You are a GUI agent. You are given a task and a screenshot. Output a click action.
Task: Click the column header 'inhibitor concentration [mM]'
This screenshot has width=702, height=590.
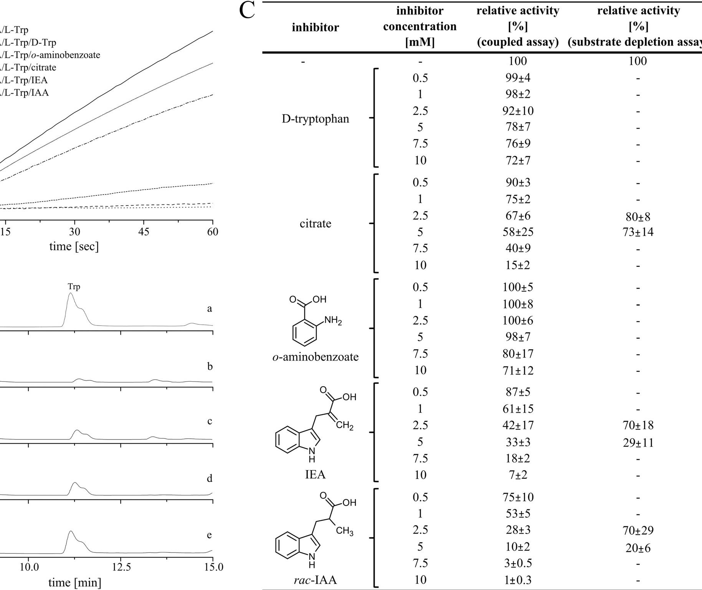(x=420, y=26)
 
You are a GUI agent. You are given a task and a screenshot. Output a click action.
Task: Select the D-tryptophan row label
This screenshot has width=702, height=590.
(x=315, y=119)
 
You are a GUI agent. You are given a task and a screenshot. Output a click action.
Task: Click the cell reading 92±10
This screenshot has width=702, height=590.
(x=518, y=111)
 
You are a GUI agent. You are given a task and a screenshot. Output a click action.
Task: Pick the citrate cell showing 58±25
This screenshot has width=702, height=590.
(x=518, y=232)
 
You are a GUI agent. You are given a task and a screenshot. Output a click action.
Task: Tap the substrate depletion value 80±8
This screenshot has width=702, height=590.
(x=638, y=217)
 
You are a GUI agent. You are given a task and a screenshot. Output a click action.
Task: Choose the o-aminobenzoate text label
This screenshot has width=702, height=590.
(x=315, y=357)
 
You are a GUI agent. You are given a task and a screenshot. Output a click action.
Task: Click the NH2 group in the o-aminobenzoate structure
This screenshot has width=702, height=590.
(x=332, y=320)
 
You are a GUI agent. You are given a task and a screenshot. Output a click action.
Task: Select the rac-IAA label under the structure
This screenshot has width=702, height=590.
(x=315, y=580)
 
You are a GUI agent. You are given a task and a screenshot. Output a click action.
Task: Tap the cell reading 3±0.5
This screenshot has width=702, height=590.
(x=518, y=564)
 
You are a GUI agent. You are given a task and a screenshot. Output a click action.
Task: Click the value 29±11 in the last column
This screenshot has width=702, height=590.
(x=638, y=443)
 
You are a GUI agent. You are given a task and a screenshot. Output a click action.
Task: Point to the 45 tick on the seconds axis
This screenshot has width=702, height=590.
(x=144, y=232)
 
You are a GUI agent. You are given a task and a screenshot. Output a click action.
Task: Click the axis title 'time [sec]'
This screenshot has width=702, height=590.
(x=74, y=246)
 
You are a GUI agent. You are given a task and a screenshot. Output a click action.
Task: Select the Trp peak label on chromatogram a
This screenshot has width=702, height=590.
(x=74, y=286)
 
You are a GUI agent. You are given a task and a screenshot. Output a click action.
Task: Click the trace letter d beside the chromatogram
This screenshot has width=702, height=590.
(x=210, y=478)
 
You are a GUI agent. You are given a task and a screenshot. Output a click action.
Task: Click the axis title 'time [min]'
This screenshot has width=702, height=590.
(x=75, y=583)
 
